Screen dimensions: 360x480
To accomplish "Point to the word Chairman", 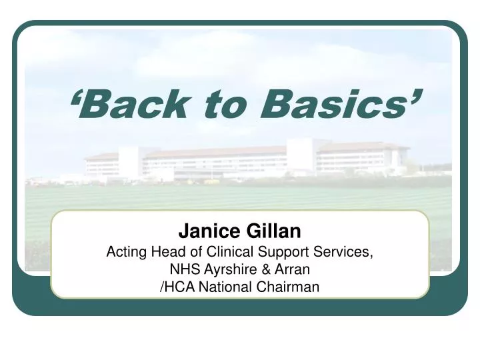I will tap(287, 287).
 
